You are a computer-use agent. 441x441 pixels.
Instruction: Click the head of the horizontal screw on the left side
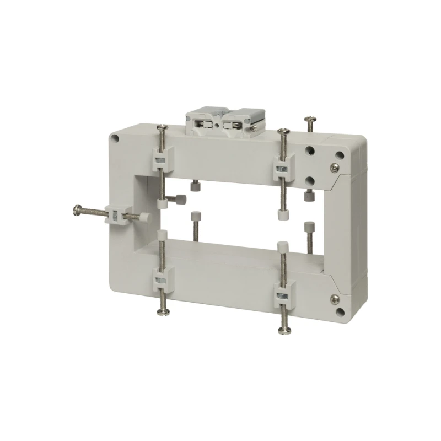click(76, 209)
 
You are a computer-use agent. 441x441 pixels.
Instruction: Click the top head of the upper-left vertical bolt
click(162, 128)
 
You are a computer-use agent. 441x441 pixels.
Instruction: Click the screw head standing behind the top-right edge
click(309, 119)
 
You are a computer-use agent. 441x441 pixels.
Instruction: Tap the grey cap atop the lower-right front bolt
click(283, 245)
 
